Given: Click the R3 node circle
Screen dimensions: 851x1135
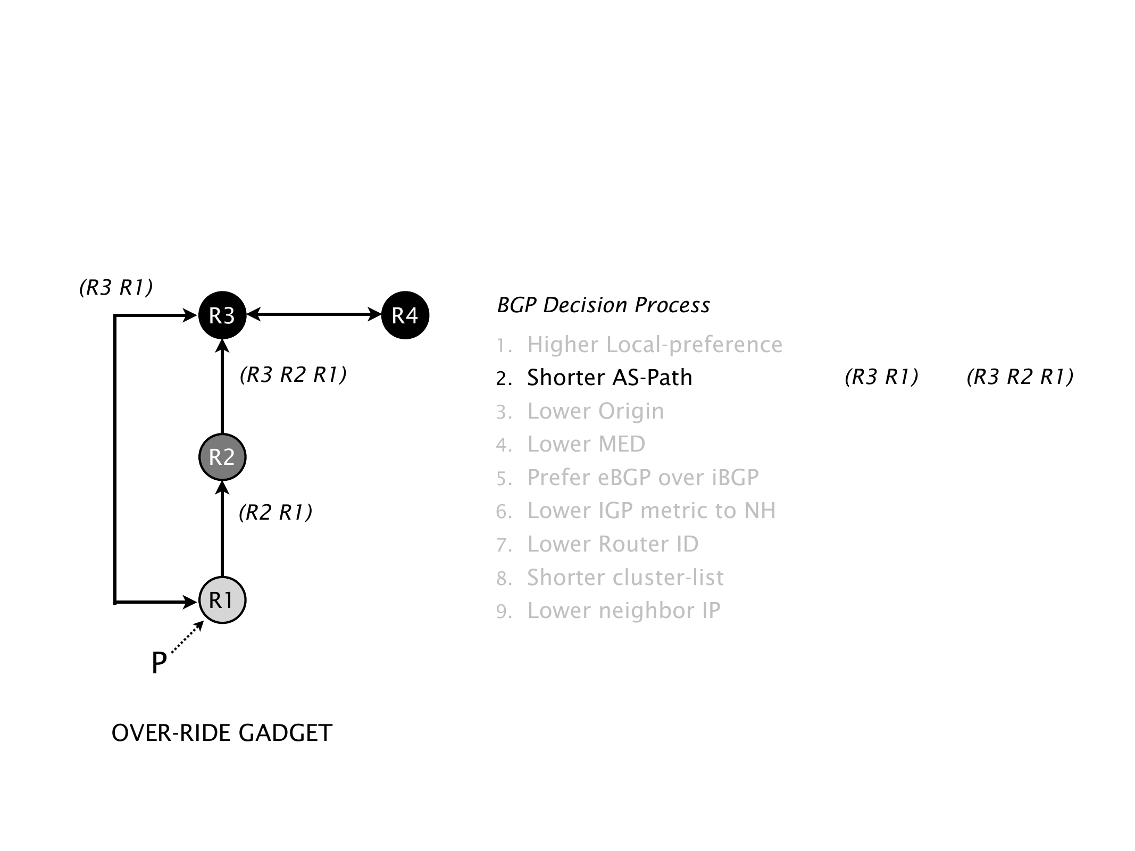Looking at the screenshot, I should click(x=222, y=315).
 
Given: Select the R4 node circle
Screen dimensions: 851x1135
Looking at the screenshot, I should click(x=405, y=315).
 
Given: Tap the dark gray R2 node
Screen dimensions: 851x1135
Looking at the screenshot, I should click(x=222, y=457).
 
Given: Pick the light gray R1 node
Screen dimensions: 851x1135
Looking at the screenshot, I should click(x=222, y=600).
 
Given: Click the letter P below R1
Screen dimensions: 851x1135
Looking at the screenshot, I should click(x=159, y=664).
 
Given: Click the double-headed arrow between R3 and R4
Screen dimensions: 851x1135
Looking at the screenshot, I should click(x=314, y=315).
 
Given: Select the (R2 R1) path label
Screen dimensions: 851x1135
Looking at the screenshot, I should click(x=276, y=513).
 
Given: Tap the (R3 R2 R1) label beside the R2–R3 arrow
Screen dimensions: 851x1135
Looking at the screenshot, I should click(x=293, y=376).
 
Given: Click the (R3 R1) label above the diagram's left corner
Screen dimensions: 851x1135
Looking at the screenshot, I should click(x=116, y=288).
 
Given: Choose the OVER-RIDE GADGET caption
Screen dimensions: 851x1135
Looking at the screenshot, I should click(x=222, y=733).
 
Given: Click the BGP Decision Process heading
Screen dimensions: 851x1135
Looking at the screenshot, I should click(x=603, y=305).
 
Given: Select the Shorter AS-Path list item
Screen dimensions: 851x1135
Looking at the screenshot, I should click(x=610, y=378).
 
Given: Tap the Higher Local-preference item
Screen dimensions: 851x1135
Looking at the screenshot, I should click(x=654, y=345).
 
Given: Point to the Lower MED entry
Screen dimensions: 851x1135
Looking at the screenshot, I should click(x=586, y=444).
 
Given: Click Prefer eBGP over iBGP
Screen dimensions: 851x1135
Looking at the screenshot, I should click(x=642, y=478).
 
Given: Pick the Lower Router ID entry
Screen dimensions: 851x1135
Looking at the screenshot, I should click(x=612, y=544).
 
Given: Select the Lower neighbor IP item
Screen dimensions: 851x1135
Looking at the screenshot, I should click(x=623, y=611).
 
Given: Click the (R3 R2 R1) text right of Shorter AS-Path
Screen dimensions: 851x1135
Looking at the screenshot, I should click(x=1020, y=377).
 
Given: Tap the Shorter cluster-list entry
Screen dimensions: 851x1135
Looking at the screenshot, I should click(x=625, y=578).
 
